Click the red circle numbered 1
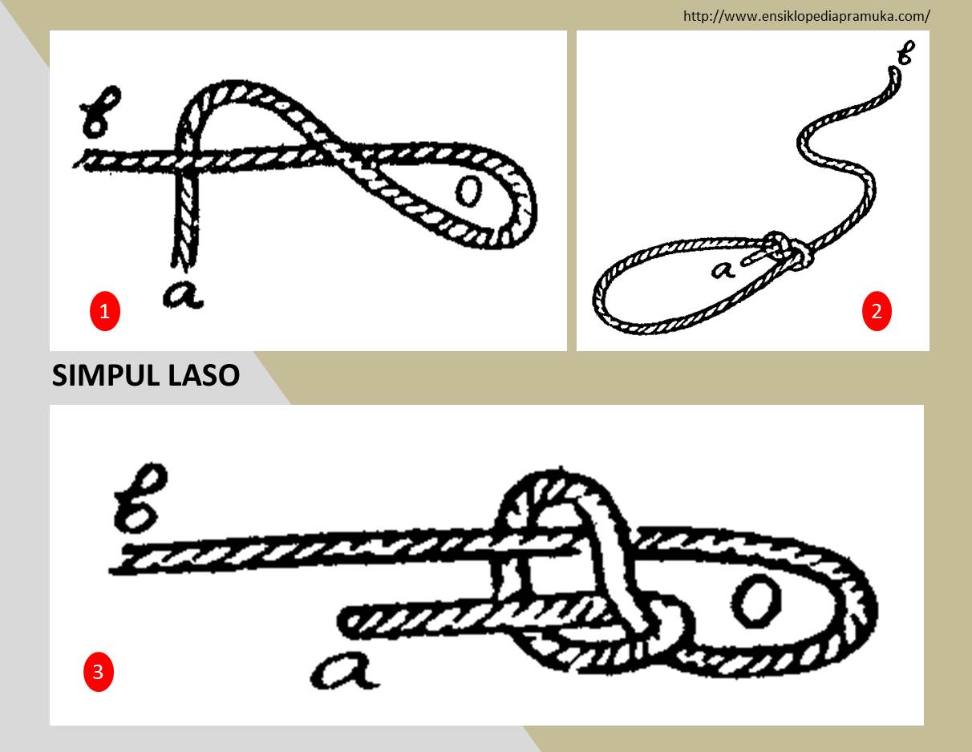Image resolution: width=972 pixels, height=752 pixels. coord(105,311)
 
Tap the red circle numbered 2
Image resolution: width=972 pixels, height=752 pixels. coord(877,311)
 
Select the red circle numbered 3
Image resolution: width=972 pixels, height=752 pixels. coord(98,672)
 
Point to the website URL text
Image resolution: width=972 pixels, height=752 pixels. coord(806,15)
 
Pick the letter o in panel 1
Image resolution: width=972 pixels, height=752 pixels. coord(468,192)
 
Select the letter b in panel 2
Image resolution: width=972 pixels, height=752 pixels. coord(904,55)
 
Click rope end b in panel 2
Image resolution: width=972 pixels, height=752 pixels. coord(892,75)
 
